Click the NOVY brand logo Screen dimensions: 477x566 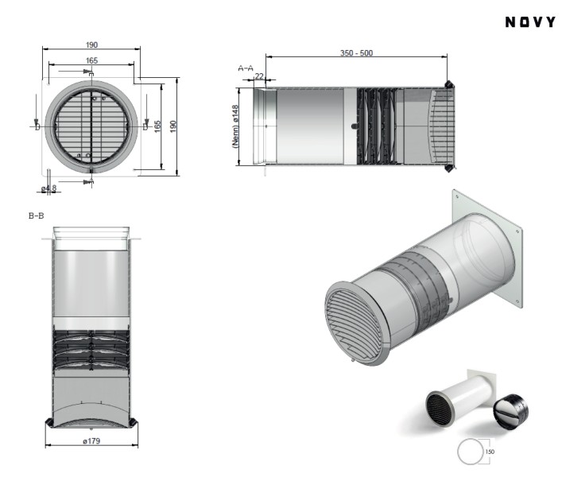tap(530, 21)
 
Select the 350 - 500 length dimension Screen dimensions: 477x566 tap(355, 53)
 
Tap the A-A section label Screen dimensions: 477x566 tap(246, 69)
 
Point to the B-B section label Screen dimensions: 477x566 tap(36, 215)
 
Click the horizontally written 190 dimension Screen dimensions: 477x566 tap(91, 45)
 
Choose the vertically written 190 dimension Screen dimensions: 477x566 tap(172, 125)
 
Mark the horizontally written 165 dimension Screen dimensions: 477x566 tap(91, 60)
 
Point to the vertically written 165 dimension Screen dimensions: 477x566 tap(157, 125)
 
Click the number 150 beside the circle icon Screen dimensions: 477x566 tap(490, 452)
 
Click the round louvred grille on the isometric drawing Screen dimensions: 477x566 tap(355, 322)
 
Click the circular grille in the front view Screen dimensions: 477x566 tap(91, 125)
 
